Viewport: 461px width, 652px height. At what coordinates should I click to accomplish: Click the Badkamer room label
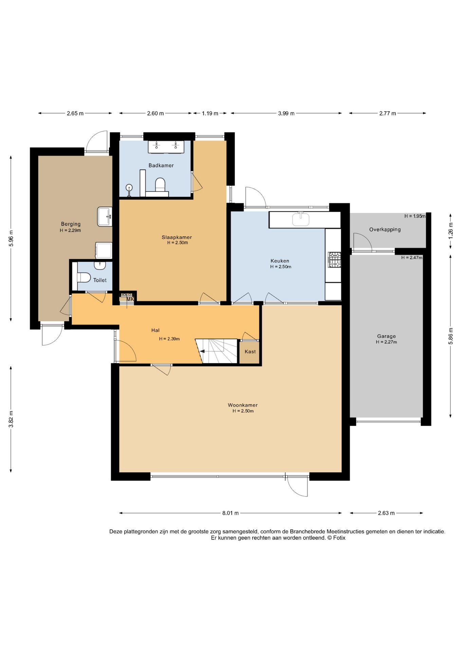161,165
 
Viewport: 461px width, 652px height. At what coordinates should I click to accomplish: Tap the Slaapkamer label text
177,237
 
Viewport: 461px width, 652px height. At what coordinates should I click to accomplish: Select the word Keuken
280,261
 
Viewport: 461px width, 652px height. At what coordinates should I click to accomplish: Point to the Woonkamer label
242,405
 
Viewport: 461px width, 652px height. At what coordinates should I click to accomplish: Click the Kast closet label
250,351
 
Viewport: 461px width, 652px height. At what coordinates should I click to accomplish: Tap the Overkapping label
385,230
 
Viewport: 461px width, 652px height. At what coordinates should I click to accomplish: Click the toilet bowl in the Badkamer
160,184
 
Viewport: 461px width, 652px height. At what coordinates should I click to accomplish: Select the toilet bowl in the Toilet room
84,277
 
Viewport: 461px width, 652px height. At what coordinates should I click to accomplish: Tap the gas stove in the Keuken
334,259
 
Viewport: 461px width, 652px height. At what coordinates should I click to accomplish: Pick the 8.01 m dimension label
230,513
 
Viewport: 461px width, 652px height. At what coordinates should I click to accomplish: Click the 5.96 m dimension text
11,238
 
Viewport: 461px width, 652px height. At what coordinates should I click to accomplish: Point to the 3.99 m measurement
286,113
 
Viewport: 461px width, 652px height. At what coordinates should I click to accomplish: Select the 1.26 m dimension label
451,231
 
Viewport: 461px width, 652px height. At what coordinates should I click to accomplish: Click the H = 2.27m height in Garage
386,342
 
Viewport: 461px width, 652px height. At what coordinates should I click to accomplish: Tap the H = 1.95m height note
415,216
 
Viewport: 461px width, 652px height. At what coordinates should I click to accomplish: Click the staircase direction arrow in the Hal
201,351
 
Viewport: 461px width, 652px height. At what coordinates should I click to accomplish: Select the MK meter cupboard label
130,299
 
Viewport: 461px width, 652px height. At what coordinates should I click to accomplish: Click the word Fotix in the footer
339,538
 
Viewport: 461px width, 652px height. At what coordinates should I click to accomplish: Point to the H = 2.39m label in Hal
169,339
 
